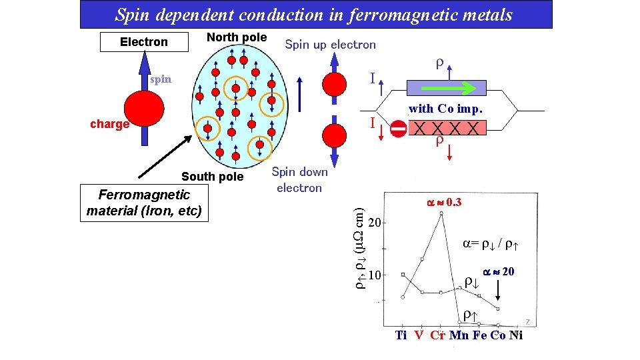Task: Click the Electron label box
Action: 143,42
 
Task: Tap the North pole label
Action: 236,37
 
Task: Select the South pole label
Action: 212,177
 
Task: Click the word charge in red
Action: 109,124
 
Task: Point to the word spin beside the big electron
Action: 161,79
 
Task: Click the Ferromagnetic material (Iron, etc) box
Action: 143,203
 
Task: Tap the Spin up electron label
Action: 330,45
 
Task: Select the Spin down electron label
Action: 299,179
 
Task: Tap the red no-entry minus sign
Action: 398,129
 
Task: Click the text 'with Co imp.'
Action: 445,108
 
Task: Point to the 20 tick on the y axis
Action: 375,221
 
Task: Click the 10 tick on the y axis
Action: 375,275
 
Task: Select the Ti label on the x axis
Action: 401,335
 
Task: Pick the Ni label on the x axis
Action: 516,335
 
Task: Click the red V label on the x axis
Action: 418,335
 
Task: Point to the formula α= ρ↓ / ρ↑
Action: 491,244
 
